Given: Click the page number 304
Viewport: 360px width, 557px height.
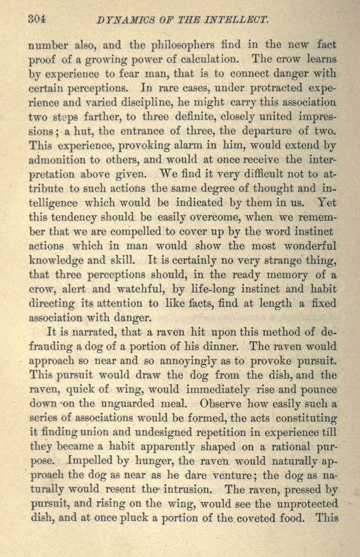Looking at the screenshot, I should (38, 20).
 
